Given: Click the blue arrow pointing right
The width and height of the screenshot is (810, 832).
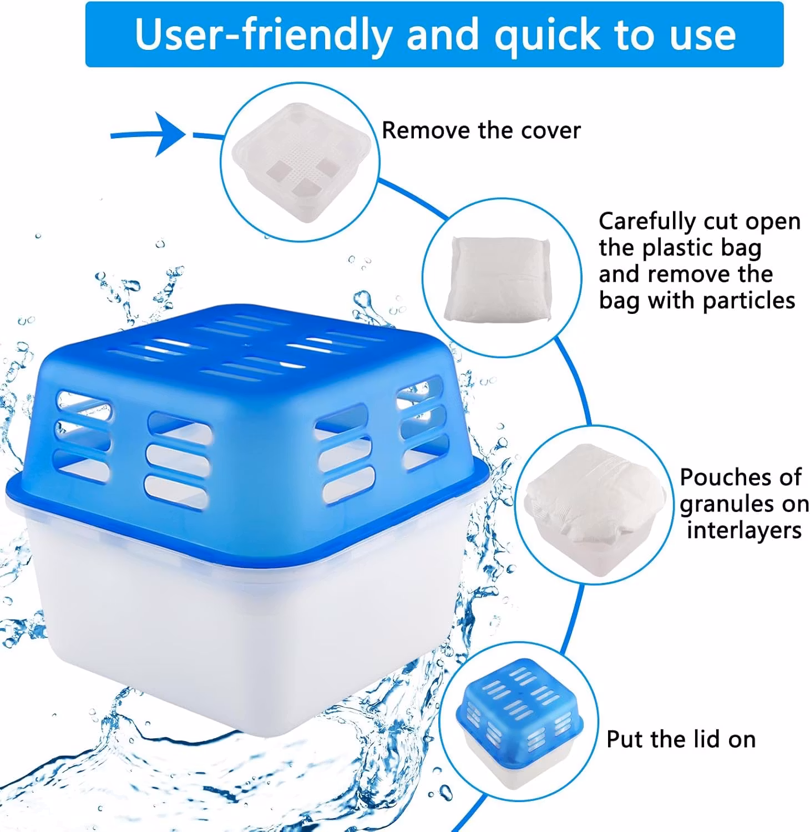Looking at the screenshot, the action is (149, 134).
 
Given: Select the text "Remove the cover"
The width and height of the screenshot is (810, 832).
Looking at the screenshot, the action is (481, 130).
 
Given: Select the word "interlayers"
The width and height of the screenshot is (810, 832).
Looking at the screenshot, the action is (744, 530).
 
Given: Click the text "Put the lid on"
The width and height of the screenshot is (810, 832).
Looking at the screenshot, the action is (681, 739).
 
